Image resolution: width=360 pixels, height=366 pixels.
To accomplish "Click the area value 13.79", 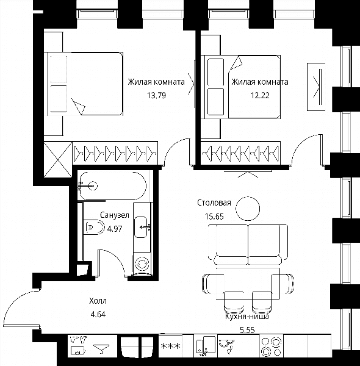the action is [156, 96].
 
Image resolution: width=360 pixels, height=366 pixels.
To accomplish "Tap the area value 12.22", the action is [260, 96].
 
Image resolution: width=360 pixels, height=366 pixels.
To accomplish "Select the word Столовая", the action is [214, 203].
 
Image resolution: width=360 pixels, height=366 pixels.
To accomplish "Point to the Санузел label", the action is [115, 215].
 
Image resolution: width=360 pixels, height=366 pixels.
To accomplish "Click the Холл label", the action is [98, 301].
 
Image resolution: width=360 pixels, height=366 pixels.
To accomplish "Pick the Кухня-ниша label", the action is [247, 317].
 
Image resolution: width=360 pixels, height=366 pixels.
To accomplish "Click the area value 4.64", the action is [98, 315].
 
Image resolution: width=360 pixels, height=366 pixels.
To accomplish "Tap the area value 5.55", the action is [247, 330].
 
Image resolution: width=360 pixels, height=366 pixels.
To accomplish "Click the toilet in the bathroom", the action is [94, 227].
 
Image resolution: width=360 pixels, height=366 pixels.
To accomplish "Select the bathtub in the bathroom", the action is [112, 186].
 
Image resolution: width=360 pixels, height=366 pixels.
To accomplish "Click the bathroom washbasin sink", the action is [142, 227].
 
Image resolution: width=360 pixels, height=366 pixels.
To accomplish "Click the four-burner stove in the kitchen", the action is [272, 346].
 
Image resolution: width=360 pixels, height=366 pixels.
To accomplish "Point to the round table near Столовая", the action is [248, 209].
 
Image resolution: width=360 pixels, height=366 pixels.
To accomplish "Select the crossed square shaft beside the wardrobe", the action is [58, 160].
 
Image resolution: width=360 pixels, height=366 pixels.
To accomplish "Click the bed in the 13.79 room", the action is [85, 84].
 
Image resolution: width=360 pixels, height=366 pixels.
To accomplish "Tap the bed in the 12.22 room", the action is [242, 87].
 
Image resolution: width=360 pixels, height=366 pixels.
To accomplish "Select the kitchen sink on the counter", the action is [206, 346].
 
